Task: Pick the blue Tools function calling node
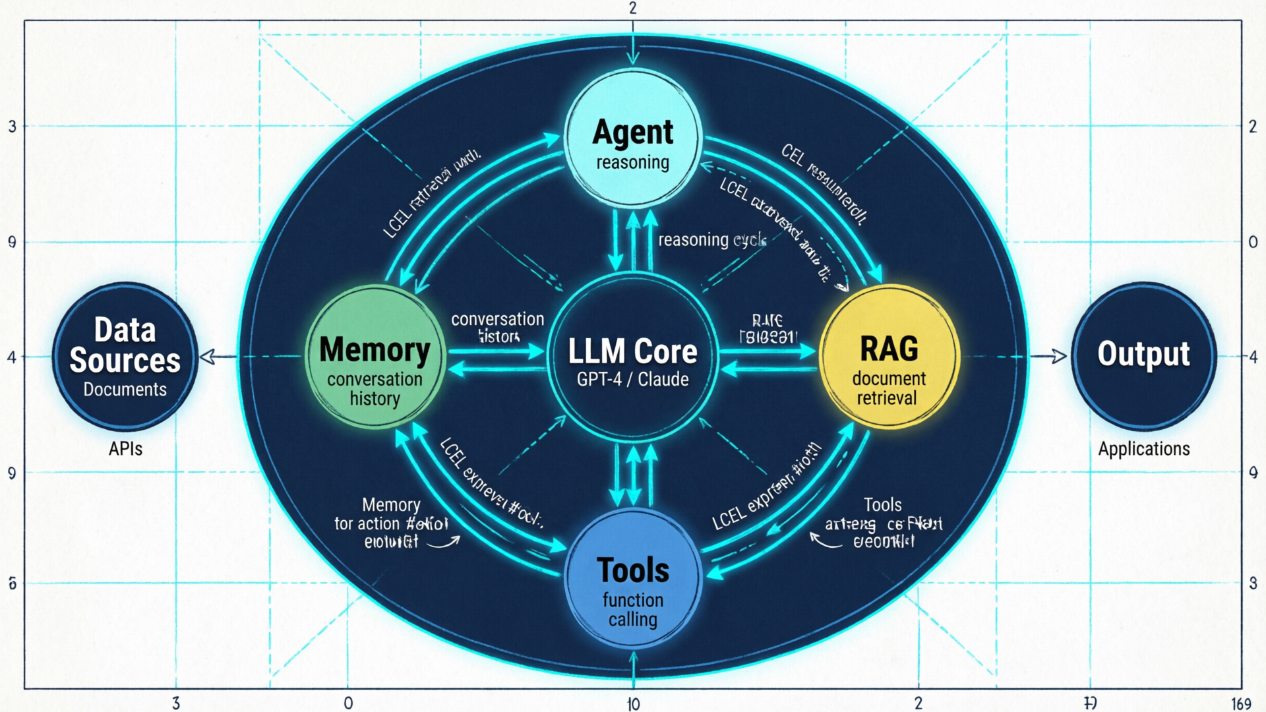point(633,580)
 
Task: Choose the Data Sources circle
point(125,357)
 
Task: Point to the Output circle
point(1144,356)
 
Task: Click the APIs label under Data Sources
point(125,449)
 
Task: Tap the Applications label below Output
point(1144,449)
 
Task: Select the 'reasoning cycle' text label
point(712,239)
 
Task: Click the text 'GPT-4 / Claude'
point(633,380)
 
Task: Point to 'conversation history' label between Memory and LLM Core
point(498,328)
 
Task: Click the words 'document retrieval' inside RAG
point(888,388)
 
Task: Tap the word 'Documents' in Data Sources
point(125,390)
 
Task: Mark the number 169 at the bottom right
point(1241,704)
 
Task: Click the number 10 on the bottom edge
point(634,704)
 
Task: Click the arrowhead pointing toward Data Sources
point(206,357)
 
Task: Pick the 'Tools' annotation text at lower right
point(883,505)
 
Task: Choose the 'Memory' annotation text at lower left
point(391,505)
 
